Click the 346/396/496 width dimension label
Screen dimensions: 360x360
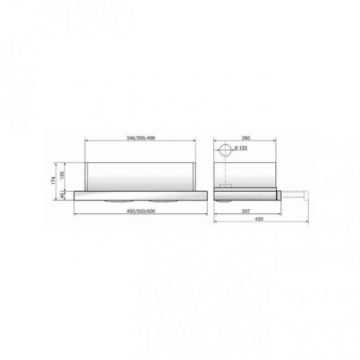[x=141, y=138]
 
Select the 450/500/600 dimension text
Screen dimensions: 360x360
[x=141, y=211]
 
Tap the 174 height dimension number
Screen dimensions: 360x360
[x=53, y=180]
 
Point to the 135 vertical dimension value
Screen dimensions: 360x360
[x=63, y=175]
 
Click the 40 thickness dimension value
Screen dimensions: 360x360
[x=62, y=196]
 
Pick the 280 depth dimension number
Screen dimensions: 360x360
[x=246, y=138]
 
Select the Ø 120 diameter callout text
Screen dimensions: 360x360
[x=241, y=148]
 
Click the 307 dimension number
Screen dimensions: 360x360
[x=246, y=211]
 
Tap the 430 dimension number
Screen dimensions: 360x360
[x=259, y=219]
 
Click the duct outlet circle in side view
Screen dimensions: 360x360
[x=226, y=145]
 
